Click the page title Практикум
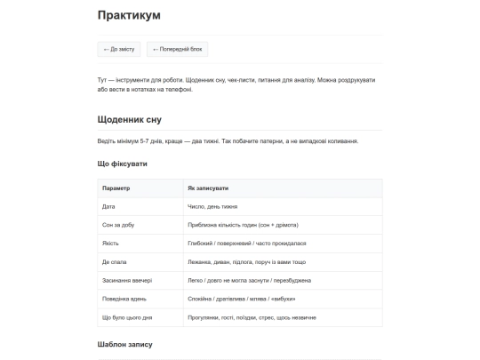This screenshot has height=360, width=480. pos(129,15)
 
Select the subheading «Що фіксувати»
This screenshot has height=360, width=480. pos(122,164)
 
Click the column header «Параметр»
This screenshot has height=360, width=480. pos(116,188)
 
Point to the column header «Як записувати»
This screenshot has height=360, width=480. pos(207,188)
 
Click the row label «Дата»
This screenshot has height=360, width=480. pos(110,206)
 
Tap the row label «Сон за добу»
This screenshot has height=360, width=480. pos(119,225)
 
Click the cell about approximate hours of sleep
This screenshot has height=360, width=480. pos(243,225)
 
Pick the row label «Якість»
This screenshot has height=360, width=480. pos(111,244)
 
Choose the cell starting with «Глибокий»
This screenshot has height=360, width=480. pos(246,244)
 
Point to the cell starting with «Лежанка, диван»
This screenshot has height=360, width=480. pos(246,262)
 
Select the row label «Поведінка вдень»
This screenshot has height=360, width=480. pos(126,299)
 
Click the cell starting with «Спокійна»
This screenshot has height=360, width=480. pos(241,299)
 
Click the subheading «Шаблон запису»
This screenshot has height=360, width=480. pos(125,344)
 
